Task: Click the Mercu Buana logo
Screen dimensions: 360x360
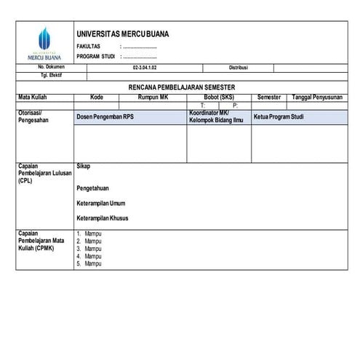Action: coord(44,43)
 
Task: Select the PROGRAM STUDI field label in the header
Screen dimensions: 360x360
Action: coord(95,56)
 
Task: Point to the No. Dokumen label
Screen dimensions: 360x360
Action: coord(50,67)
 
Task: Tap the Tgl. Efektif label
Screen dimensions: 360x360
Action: coord(51,75)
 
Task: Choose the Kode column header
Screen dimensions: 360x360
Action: coord(97,96)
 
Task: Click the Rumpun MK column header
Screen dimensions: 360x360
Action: coord(152,96)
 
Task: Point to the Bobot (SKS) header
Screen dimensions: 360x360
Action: coord(218,96)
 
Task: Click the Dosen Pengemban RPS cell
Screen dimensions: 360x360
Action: coord(105,116)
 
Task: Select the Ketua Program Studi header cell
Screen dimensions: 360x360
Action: coord(278,116)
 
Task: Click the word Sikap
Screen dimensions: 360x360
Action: coord(83,166)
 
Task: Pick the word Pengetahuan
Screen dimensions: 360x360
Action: coord(94,188)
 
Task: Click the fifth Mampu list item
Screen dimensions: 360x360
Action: coord(92,263)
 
